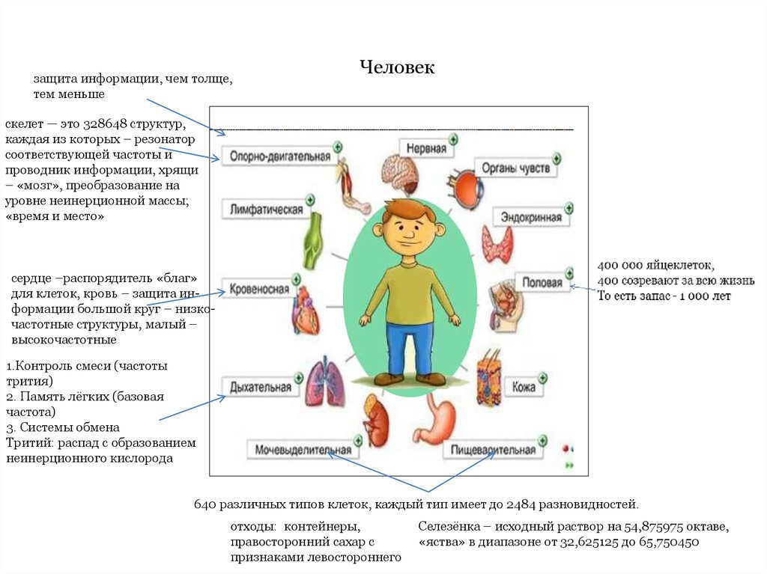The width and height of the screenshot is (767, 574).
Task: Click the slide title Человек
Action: point(397,67)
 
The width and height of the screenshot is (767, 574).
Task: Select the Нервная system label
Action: point(426,148)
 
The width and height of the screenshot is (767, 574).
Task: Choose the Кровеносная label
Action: point(259,289)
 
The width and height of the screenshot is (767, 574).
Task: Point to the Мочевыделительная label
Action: point(303,450)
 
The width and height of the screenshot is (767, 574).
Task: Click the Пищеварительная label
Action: point(492,450)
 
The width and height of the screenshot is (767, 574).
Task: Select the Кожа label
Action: point(524,387)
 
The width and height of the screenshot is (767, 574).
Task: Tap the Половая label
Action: point(542,283)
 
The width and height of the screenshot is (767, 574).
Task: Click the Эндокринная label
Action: point(532,218)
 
